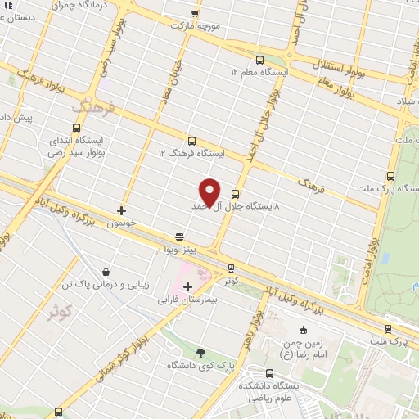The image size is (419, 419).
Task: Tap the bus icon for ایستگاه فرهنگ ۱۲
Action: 192,140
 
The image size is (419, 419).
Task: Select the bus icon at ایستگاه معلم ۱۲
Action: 259,59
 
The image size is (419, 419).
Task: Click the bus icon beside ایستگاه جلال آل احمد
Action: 236,195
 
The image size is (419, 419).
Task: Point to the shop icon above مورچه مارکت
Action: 195,13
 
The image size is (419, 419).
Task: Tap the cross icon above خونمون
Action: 122,210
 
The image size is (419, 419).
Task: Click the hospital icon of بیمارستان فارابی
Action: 188,286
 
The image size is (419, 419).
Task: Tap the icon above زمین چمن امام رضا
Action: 304,330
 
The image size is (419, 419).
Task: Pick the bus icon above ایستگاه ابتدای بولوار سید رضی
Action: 77,128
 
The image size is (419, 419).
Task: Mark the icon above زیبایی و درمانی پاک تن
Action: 106,272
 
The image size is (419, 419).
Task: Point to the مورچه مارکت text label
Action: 196,25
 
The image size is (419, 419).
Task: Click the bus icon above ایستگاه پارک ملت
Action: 390,175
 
